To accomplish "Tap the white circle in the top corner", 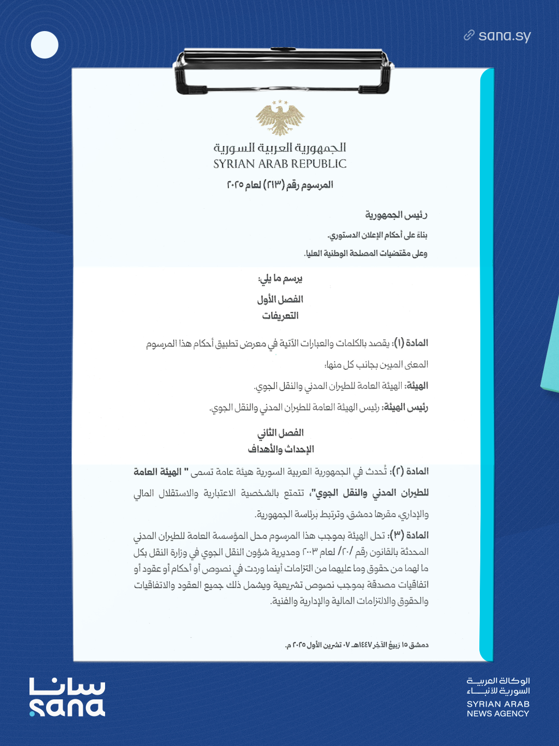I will [45, 45].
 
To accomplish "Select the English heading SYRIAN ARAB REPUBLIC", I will [280, 164].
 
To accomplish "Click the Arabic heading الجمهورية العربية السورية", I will [280, 148].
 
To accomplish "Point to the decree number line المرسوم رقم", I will [280, 185].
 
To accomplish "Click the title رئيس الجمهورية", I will [396, 214].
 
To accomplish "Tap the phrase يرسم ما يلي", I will [280, 279].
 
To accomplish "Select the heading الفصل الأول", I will [280, 299].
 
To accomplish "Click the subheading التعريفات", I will [280, 316].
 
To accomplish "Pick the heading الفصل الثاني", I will [281, 433].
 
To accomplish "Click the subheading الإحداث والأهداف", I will [281, 449].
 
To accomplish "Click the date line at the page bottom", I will [357, 645].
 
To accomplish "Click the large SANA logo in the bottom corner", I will [67, 697].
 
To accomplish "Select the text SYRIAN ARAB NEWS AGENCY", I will [498, 709].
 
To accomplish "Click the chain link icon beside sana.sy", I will [469, 35].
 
